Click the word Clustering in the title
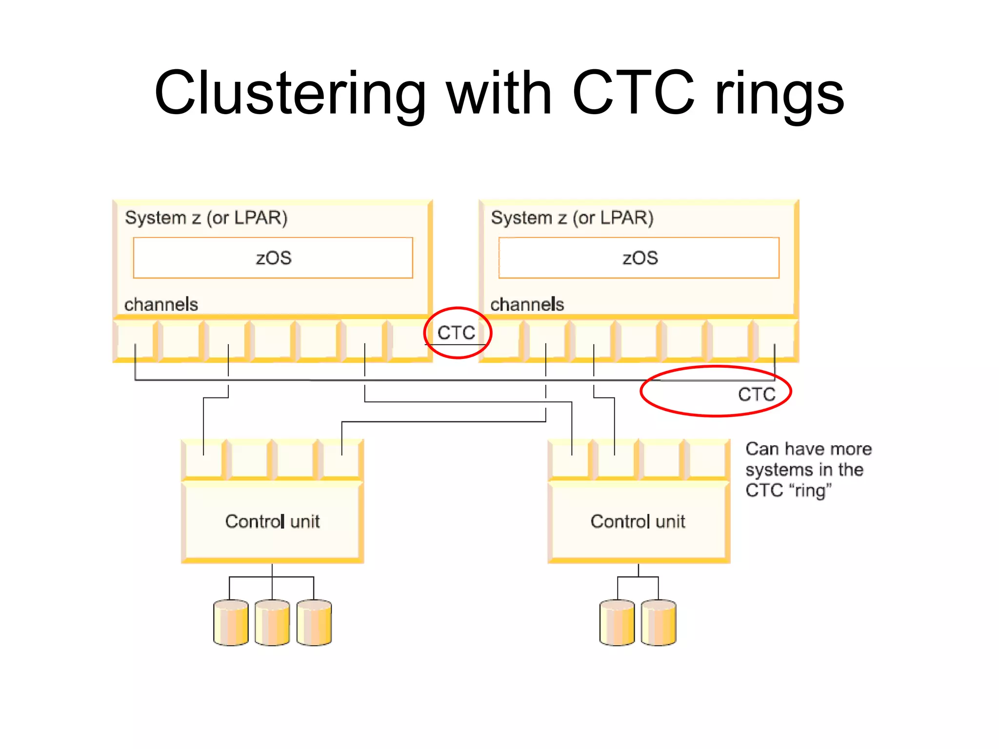coord(291,94)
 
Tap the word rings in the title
coord(779,94)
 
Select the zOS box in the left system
coord(273,258)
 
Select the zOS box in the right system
coord(639,258)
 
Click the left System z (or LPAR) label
coord(206,217)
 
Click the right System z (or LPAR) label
coord(572,217)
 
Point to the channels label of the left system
coord(161,304)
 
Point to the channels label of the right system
coord(527,304)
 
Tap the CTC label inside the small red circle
coord(456,333)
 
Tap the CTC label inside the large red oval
coord(757,394)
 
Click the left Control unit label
coord(272,521)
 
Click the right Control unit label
coord(638,521)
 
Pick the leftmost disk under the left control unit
coord(231,623)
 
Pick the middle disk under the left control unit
coord(272,623)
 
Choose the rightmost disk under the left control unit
coord(314,623)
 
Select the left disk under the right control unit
coord(617,623)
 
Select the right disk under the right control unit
coord(659,623)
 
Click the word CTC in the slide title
coord(633,94)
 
